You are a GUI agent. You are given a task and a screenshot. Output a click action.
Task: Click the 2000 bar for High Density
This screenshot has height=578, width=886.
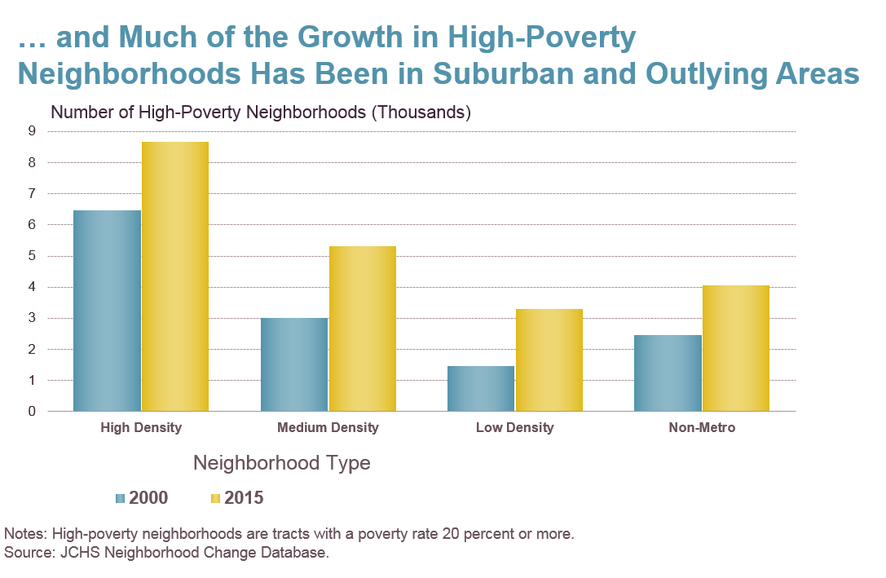click(107, 311)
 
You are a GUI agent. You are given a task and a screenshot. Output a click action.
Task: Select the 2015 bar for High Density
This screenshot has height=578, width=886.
click(175, 276)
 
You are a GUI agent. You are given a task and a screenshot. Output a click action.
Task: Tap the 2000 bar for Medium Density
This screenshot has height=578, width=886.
click(294, 364)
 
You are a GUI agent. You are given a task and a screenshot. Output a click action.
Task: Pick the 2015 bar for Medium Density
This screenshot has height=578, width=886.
click(363, 329)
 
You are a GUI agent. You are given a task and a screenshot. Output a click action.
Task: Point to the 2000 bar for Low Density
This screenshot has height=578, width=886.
click(481, 388)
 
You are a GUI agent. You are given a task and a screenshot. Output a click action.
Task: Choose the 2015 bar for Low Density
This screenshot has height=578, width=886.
click(549, 360)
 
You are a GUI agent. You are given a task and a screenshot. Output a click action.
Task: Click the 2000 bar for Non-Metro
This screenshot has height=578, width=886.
click(668, 373)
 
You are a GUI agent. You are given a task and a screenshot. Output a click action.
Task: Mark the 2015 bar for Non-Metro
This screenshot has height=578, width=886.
click(736, 348)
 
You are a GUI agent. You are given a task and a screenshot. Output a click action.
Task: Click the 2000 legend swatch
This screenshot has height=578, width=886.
click(121, 498)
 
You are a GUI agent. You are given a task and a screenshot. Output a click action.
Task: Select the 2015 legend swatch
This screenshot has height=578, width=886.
click(216, 498)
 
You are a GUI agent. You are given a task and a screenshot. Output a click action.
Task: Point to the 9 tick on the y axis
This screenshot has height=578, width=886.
click(32, 130)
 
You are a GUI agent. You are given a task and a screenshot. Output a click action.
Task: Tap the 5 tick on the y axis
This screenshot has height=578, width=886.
click(32, 256)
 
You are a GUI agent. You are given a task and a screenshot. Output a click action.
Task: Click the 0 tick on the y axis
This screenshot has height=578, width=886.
click(32, 412)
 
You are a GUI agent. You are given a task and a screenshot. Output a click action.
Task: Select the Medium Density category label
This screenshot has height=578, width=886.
click(328, 427)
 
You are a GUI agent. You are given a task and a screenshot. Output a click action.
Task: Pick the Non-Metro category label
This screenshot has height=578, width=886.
click(702, 427)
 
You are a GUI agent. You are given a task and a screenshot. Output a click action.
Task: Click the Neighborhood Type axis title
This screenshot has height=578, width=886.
click(281, 463)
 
